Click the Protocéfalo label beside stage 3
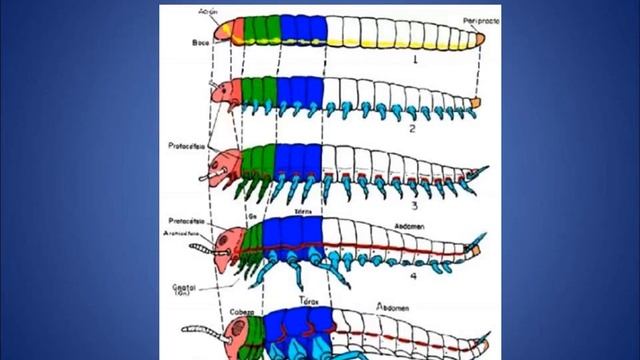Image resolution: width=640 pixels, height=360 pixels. [x=188, y=145]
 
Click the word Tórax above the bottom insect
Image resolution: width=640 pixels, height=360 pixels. [x=309, y=301]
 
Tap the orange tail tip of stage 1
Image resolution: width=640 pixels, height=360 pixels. [x=480, y=38]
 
